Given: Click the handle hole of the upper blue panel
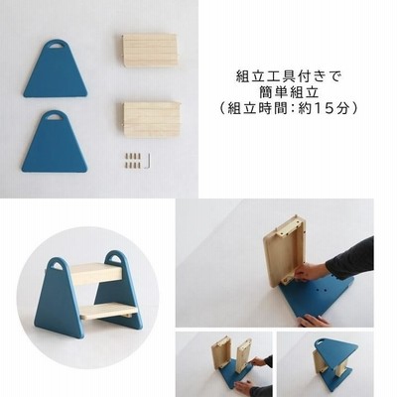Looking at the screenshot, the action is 56,46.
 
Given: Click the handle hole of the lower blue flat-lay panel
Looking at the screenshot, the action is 55,117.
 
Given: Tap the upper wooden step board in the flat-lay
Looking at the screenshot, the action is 150,51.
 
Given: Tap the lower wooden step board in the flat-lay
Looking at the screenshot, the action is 152,119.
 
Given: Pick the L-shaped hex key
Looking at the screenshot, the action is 149,161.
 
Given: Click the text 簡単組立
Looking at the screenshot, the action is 289,92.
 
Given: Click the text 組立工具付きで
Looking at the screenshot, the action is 289,76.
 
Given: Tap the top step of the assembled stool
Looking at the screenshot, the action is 96,274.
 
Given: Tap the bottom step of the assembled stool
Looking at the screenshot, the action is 109,313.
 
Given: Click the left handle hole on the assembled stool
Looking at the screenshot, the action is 57,266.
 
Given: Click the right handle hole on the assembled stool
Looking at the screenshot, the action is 114,257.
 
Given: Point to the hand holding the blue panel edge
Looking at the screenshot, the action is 314,321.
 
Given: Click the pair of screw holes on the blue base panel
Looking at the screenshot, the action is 320,290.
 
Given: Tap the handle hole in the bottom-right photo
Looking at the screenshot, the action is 321,342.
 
